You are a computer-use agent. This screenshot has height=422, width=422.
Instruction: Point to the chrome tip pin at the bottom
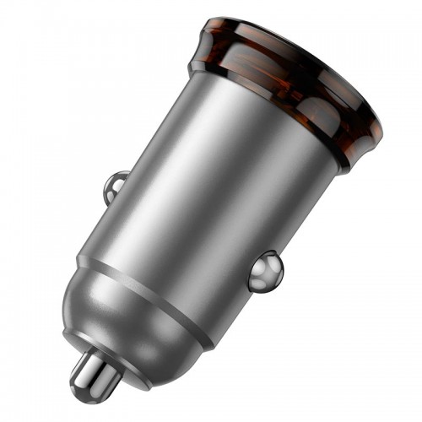coord(94,371)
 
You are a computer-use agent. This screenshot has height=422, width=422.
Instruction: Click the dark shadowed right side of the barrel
coord(287,219)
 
